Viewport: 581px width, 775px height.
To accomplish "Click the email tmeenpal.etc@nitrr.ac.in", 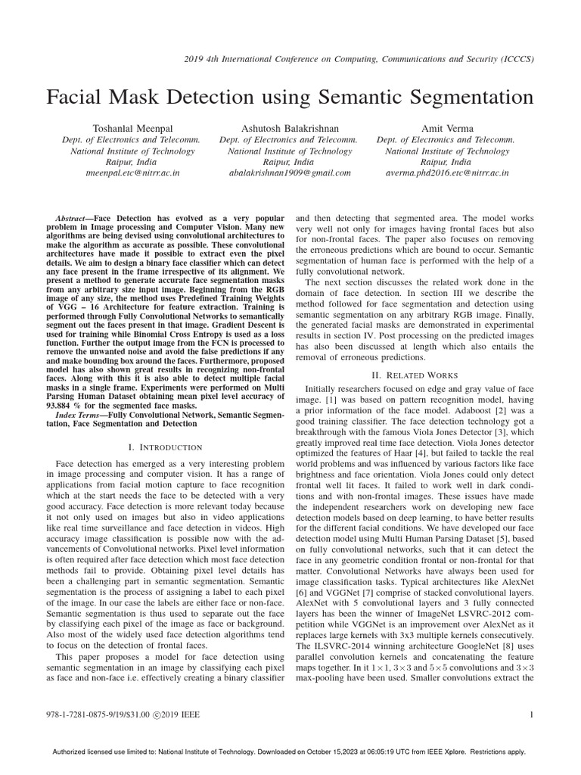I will point(133,173).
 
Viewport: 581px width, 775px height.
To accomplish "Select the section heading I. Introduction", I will point(164,447).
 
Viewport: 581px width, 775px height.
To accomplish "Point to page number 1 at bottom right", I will point(533,714).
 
